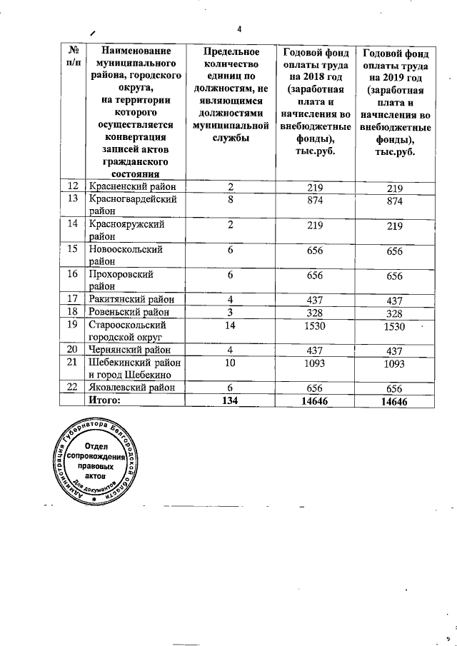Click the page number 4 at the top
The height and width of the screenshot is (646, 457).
coord(239,29)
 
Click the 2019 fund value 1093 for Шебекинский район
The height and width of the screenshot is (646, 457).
coord(393,364)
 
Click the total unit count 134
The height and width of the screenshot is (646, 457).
coord(230,401)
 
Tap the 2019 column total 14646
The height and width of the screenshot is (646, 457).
coord(393,402)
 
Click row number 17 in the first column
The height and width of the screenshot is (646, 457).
coord(72,299)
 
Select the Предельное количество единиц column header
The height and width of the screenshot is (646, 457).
coord(230,93)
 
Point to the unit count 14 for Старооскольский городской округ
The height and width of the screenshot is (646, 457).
coord(230,325)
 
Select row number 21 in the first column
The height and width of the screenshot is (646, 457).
coord(72,363)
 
